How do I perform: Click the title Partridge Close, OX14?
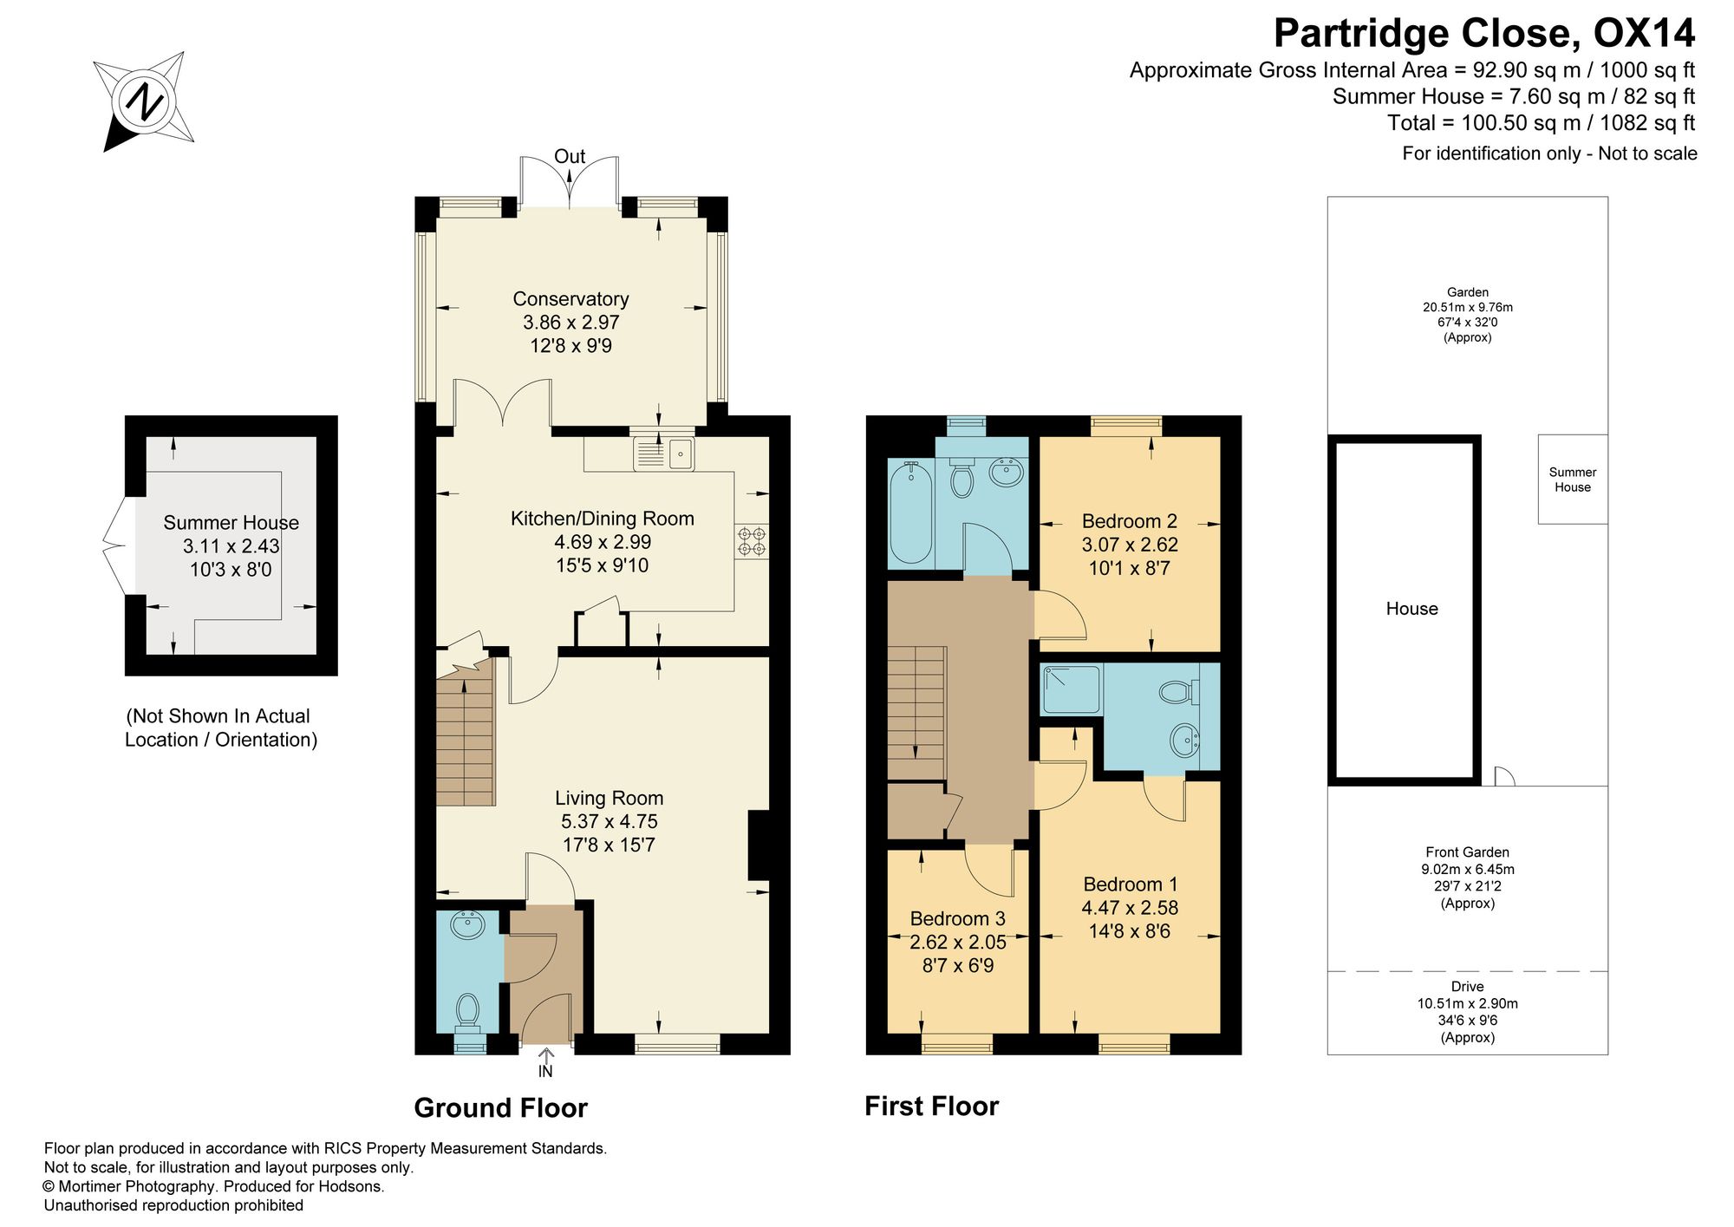(1483, 34)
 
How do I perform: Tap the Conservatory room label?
(570, 299)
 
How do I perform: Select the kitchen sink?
(664, 453)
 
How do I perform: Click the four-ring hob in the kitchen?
(752, 541)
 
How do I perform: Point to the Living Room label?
(609, 798)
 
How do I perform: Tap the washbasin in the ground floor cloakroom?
(468, 925)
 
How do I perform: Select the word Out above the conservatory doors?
(570, 157)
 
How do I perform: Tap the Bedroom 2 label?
(1129, 521)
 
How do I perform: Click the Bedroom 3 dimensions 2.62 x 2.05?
(957, 942)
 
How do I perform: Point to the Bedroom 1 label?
(1130, 884)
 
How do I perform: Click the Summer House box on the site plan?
(1573, 480)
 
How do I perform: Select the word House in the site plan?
(1411, 609)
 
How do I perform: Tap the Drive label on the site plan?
(1467, 987)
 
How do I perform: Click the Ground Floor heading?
(500, 1108)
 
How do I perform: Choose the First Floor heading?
(931, 1106)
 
